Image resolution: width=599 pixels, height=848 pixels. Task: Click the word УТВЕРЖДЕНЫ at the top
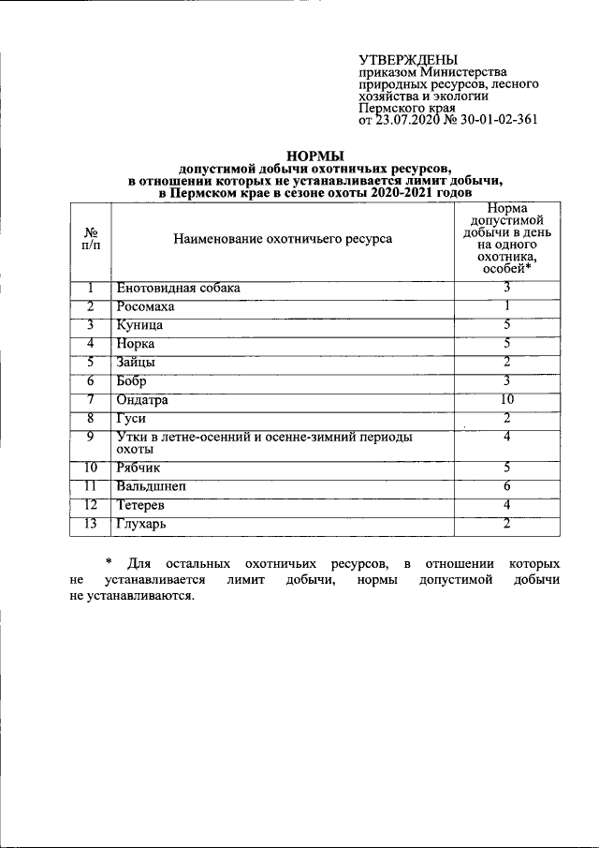(409, 60)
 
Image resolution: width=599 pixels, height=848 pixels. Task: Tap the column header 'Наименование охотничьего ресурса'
(283, 239)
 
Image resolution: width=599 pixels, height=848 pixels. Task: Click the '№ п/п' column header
(92, 238)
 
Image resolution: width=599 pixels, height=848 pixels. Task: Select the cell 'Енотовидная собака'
(178, 289)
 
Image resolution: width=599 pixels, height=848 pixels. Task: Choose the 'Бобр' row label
(133, 381)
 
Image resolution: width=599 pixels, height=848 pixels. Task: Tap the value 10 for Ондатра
(505, 400)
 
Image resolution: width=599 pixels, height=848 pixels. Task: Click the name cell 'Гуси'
(132, 419)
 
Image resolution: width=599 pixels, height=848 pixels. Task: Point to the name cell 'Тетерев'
(142, 506)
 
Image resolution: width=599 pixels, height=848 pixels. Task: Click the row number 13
(91, 524)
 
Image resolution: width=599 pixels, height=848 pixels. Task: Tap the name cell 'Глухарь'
(142, 525)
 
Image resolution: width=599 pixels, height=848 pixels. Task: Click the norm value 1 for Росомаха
(505, 307)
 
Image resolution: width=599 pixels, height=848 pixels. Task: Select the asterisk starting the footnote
(108, 563)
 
